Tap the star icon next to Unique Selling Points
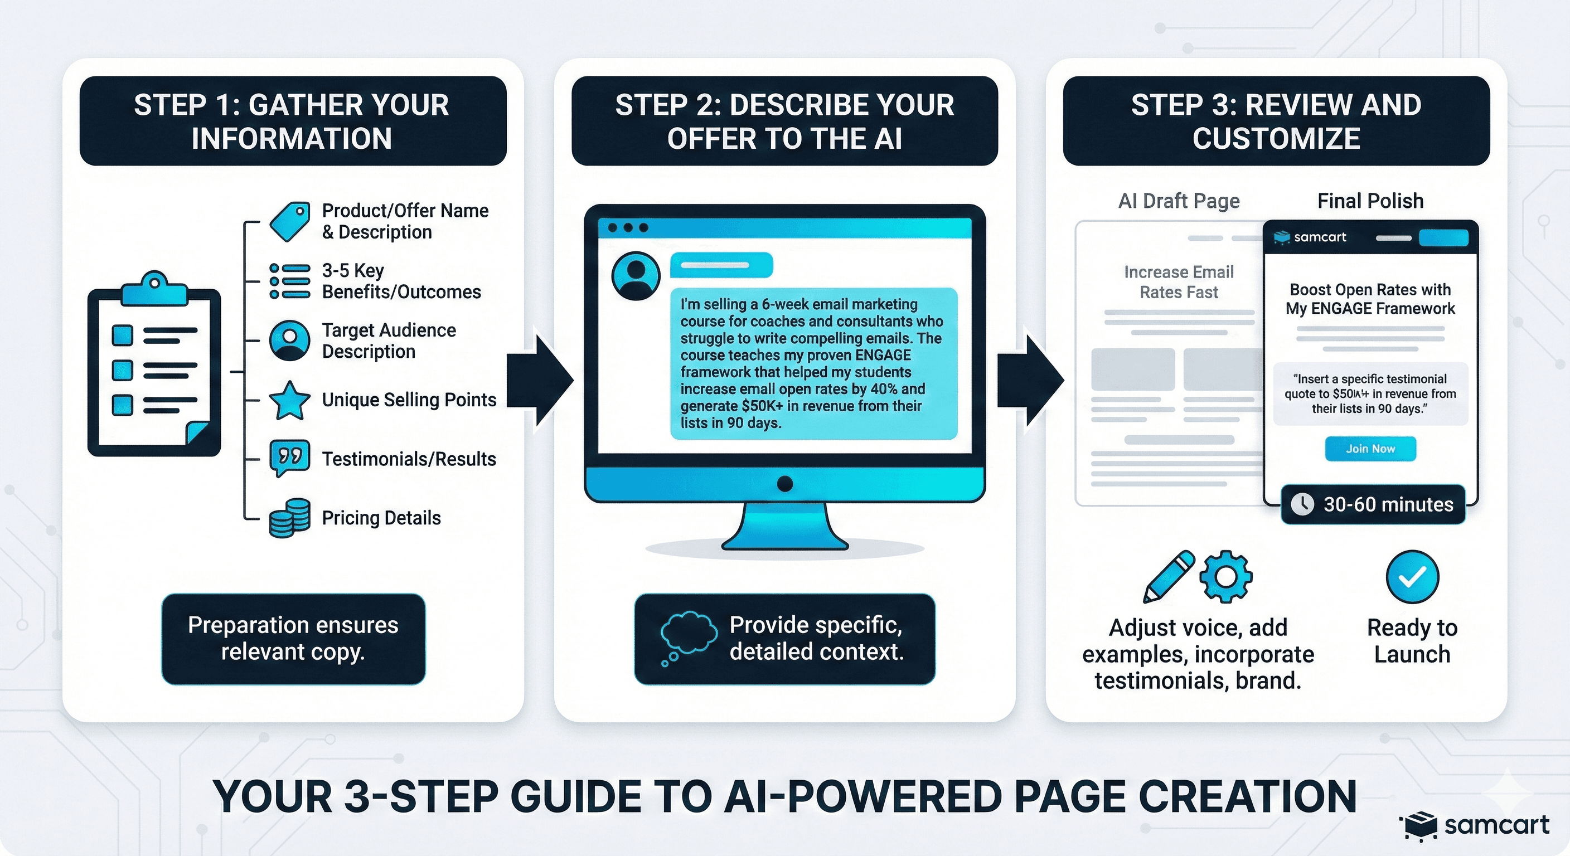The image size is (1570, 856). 289,400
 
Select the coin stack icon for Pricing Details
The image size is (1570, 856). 289,518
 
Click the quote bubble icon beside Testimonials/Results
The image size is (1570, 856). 289,458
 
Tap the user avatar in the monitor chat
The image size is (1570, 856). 636,275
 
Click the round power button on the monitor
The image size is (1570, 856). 785,484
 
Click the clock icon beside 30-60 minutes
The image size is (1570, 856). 1302,504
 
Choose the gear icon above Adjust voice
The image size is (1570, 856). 1225,576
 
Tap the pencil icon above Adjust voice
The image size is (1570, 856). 1169,576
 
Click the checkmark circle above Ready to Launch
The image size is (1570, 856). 1412,576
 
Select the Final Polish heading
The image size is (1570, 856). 1370,201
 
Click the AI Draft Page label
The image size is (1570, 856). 1179,201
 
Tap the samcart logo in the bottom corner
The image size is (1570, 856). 1475,825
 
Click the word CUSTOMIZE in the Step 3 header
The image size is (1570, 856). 1276,138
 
